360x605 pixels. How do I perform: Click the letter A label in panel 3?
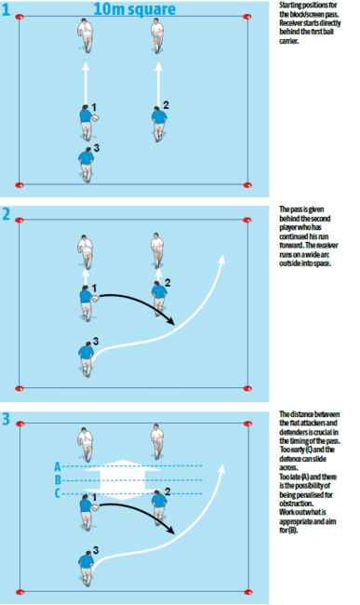click(59, 465)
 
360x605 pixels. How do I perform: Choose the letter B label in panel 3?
click(59, 481)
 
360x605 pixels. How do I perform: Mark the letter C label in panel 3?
click(59, 494)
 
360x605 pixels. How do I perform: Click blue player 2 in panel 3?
click(157, 503)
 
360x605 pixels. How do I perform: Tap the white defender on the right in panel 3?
click(157, 442)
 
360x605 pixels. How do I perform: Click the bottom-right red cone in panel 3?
click(248, 591)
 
